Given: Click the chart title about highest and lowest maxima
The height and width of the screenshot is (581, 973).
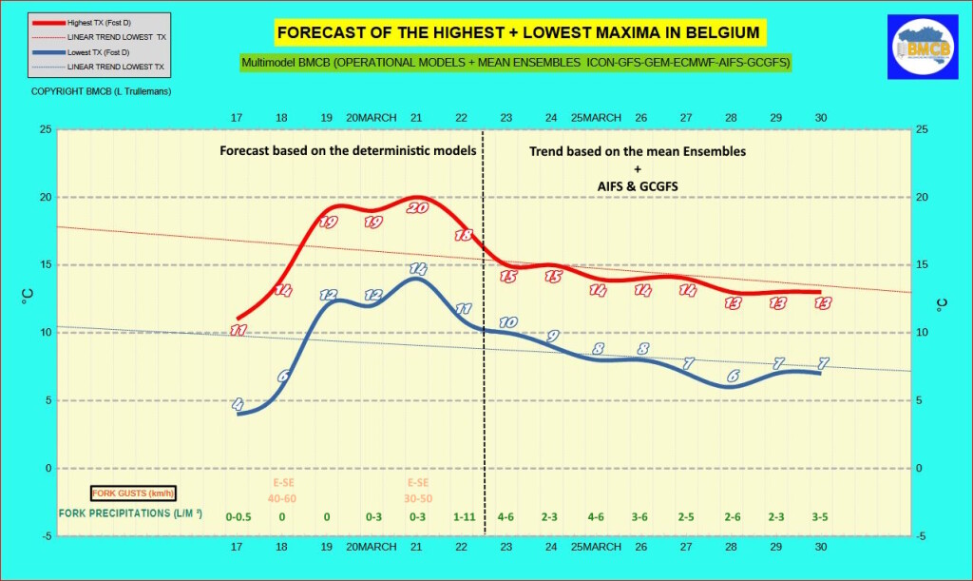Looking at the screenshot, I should [x=519, y=33].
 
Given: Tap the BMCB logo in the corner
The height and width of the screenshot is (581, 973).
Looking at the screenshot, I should [x=916, y=47].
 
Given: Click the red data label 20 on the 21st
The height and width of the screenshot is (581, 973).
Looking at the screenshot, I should [x=416, y=207].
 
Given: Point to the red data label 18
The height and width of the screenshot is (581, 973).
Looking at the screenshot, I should [x=464, y=234].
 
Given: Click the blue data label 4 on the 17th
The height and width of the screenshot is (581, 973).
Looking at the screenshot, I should [x=238, y=404].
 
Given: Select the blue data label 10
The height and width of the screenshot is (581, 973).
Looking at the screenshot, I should [x=507, y=322].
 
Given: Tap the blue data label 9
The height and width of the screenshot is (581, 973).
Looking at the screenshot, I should [x=552, y=336].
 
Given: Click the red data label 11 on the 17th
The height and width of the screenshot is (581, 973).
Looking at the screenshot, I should [x=238, y=330].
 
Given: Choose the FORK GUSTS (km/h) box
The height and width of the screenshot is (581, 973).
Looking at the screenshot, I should [x=133, y=494].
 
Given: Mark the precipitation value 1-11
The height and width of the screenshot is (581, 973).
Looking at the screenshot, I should [x=462, y=516].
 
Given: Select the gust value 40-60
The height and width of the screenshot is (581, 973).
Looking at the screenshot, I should [x=282, y=498].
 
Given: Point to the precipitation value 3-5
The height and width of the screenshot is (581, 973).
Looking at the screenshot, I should [x=820, y=516].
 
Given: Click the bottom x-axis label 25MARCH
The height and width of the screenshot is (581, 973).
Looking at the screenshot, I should [x=596, y=547].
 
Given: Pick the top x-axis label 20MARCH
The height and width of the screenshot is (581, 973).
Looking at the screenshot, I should [x=371, y=118].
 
